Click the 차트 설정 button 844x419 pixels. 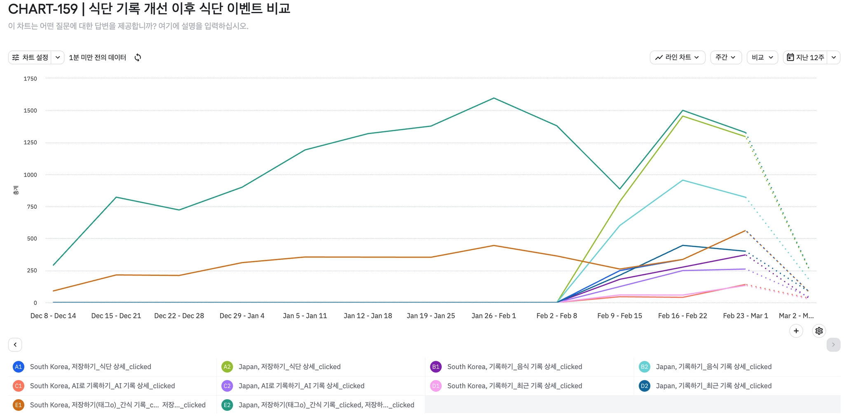(x=30, y=57)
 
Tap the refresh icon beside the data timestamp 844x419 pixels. (x=138, y=57)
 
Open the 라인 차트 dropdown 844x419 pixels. (x=677, y=57)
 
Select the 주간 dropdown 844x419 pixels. (x=725, y=57)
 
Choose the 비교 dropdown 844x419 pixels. (x=762, y=57)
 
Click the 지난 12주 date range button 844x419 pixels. (x=806, y=57)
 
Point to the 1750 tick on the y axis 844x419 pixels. (x=30, y=79)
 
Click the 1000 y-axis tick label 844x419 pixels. (x=30, y=175)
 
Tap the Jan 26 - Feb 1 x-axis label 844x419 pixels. (x=494, y=316)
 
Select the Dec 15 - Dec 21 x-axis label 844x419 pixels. (x=116, y=316)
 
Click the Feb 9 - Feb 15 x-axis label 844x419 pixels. (x=619, y=316)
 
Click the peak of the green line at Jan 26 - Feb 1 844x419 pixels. (x=494, y=98)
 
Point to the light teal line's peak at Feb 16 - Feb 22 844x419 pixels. (x=683, y=180)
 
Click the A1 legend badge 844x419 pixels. (x=18, y=367)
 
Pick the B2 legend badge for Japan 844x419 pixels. (x=644, y=367)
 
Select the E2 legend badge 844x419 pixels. (x=227, y=405)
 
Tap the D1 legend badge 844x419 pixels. (x=436, y=386)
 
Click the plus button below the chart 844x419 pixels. (x=796, y=331)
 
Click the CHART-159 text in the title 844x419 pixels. (x=43, y=8)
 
